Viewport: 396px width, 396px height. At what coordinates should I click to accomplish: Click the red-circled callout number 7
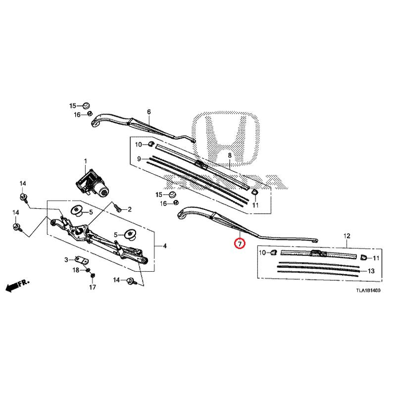tap(239, 244)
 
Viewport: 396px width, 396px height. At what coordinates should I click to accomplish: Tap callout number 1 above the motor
tap(85, 161)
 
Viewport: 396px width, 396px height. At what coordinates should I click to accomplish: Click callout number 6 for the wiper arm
tap(148, 111)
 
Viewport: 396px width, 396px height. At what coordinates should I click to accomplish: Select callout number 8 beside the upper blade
tap(230, 156)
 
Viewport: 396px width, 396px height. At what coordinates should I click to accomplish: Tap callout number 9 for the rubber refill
tap(140, 159)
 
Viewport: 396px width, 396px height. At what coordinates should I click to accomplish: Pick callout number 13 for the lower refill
tap(371, 271)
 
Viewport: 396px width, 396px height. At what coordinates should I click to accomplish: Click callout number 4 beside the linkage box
tap(164, 246)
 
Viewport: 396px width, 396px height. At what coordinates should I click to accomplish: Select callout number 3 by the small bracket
tap(66, 259)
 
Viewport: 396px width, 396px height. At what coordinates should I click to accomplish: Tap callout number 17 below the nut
tap(92, 287)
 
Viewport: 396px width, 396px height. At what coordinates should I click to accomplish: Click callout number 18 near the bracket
tap(76, 270)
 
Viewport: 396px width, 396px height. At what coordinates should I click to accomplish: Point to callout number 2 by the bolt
tap(129, 210)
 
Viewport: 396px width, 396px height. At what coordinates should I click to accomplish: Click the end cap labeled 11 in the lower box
tap(364, 257)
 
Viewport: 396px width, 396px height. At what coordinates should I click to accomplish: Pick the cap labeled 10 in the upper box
tap(150, 145)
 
